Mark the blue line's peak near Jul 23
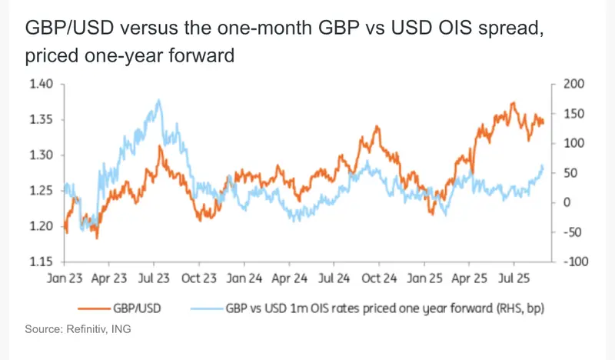[x=158, y=100]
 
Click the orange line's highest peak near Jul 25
[x=513, y=103]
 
